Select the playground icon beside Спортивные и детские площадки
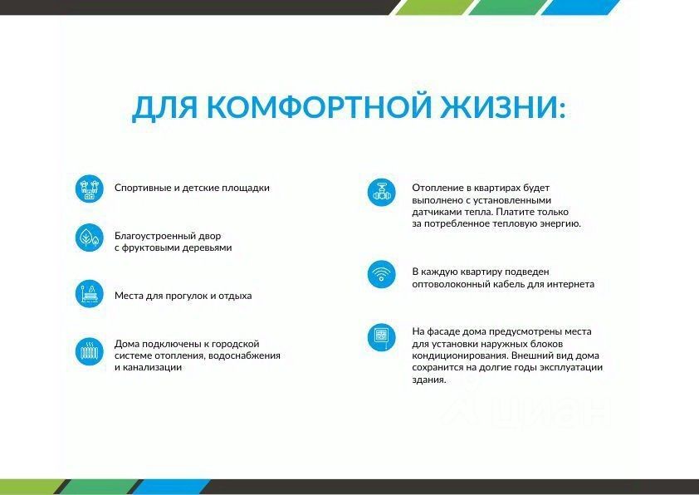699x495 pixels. [89, 189]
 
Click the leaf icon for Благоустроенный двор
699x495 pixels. [89, 238]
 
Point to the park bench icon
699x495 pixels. [89, 294]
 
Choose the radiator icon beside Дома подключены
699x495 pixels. [89, 352]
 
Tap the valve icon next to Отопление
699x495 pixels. [382, 193]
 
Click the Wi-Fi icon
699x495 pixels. [382, 274]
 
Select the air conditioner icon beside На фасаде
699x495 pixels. [382, 337]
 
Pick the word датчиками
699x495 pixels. [433, 212]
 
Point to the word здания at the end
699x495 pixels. [429, 380]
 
